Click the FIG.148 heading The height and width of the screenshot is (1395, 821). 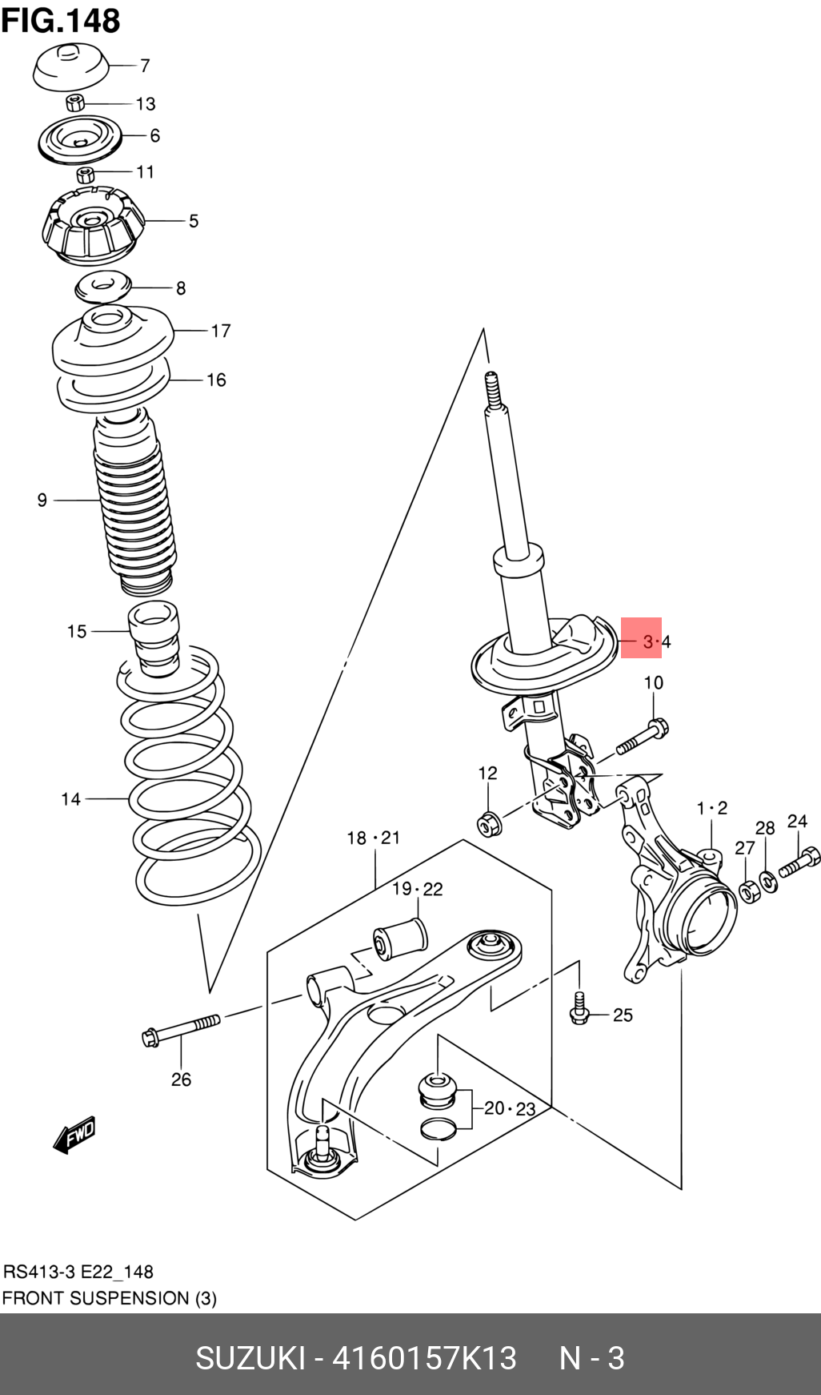[x=61, y=20]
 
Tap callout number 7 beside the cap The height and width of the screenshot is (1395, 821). [x=145, y=66]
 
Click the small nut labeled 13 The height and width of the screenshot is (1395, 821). [x=74, y=103]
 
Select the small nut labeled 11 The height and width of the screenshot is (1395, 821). [x=86, y=175]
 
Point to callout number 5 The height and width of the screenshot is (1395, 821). [x=193, y=221]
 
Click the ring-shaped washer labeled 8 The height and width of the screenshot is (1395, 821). [x=102, y=287]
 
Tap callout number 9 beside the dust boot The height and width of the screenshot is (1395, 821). [x=42, y=501]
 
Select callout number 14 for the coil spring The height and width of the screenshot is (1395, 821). [x=70, y=798]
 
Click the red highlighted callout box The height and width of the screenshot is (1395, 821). [x=641, y=637]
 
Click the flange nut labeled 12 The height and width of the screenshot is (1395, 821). [x=489, y=822]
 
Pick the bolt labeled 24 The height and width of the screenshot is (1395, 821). [x=799, y=862]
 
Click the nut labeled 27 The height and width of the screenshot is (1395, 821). [x=748, y=890]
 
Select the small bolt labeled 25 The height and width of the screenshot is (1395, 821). [x=579, y=1010]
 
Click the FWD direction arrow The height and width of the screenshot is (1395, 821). [x=75, y=1135]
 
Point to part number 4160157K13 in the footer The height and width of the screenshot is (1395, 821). [x=424, y=1358]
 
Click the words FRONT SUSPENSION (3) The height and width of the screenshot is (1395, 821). [x=109, y=1298]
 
